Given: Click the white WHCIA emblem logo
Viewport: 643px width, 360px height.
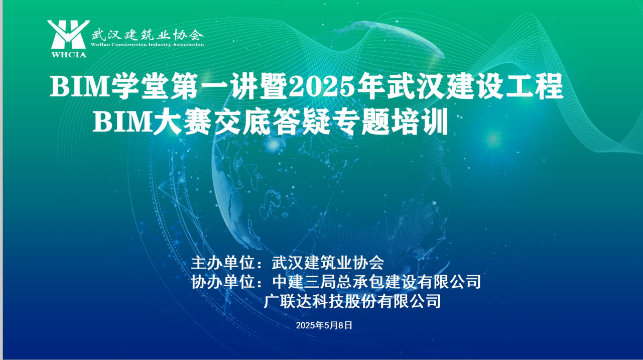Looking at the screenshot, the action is coord(68,35).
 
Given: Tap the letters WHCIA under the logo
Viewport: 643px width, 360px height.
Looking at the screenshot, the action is coord(69,55).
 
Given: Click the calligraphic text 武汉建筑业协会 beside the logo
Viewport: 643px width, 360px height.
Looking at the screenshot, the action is coord(148,35).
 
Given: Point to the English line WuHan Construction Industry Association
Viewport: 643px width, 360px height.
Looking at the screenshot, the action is coord(147,45).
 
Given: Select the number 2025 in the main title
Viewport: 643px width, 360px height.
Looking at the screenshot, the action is coord(321,86).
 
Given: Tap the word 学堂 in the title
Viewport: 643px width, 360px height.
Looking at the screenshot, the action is coord(139,86).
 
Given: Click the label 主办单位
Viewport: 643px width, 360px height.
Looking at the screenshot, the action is coord(223,263).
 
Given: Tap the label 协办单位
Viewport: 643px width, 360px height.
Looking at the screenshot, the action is coord(223,282).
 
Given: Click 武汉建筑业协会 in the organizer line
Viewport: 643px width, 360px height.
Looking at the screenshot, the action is coord(328,263).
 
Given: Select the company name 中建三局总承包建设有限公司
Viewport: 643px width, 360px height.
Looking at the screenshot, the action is coord(376,282).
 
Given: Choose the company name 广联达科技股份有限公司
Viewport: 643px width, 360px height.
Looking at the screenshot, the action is coord(352,301).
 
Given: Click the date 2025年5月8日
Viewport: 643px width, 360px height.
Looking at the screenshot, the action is coord(324,325).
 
